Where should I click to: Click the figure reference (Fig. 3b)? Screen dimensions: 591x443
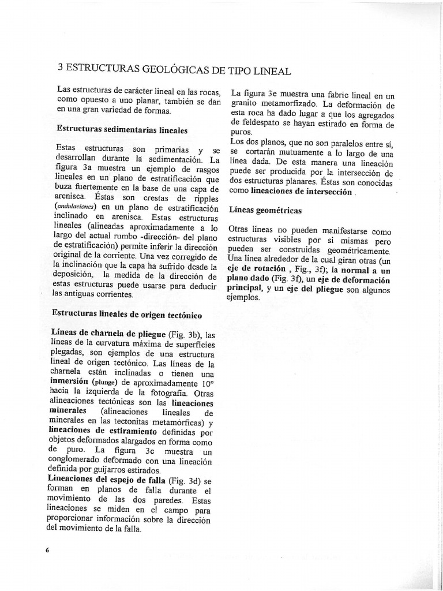pyautogui.click(x=183, y=334)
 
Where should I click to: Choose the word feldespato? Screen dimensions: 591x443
pyautogui.click(x=265, y=123)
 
